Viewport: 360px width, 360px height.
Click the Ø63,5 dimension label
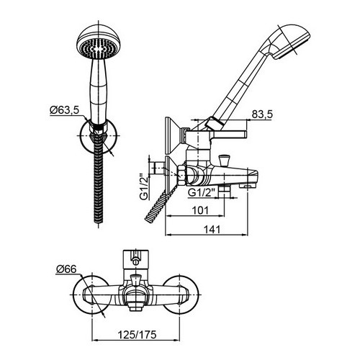point(64,110)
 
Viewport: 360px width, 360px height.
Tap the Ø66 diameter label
point(66,269)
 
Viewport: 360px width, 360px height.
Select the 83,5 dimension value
point(262,114)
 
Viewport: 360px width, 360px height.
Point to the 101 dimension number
point(201,210)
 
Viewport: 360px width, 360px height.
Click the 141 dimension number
point(212,230)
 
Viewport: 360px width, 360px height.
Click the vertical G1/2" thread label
point(144,186)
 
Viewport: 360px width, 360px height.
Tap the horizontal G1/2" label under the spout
point(200,192)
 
